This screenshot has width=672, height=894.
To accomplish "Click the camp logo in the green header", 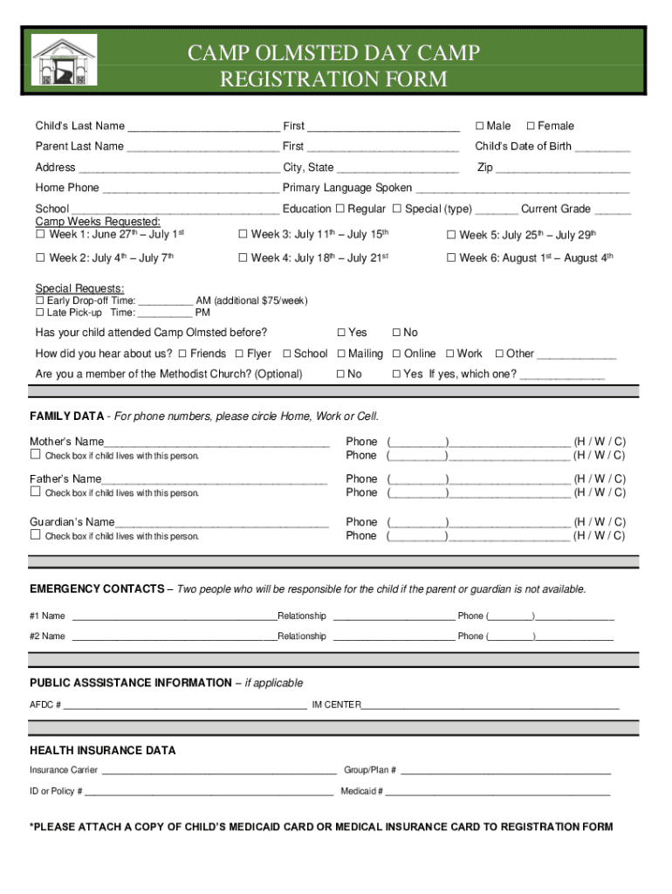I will [x=64, y=60].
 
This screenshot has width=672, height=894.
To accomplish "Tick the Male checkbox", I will [x=479, y=126].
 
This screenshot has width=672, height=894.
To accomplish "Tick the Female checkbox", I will [x=531, y=126].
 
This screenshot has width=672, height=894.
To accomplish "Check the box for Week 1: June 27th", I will [x=40, y=234].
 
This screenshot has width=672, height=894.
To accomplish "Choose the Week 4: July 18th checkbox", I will [x=243, y=258].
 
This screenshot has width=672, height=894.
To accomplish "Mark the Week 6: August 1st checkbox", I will [x=451, y=258].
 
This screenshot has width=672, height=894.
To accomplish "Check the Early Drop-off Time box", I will [x=39, y=300].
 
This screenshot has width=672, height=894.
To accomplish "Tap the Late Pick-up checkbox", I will [x=39, y=313].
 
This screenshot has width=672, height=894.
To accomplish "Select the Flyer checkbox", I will [x=239, y=354].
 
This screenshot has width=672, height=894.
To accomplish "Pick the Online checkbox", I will [x=396, y=354].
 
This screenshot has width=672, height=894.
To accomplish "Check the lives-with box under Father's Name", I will [x=36, y=492].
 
